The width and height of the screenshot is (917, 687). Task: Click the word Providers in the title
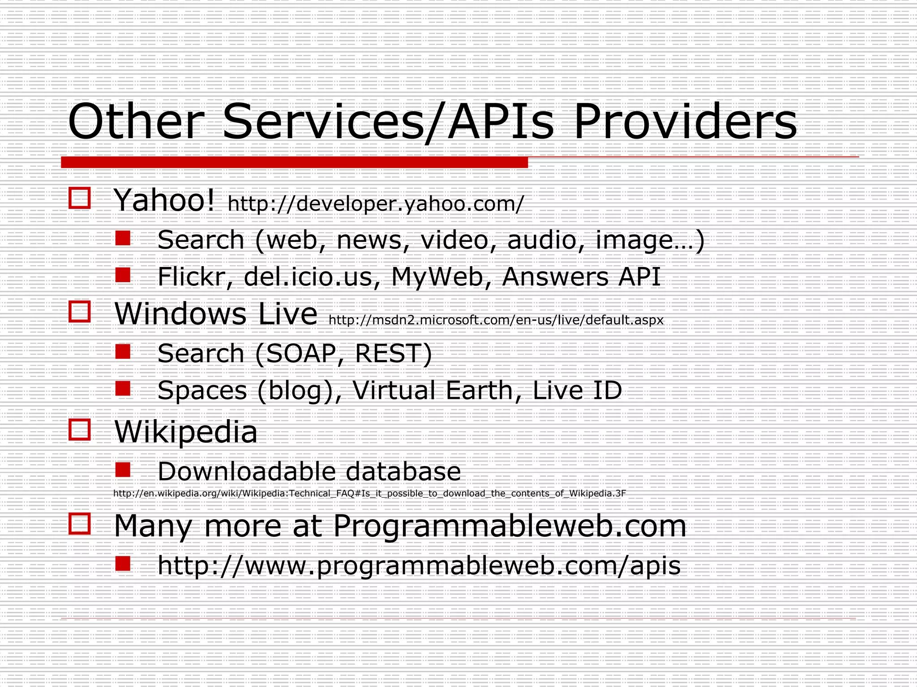tap(685, 122)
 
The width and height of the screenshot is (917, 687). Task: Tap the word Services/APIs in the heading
tap(388, 122)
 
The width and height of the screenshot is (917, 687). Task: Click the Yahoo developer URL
tap(375, 204)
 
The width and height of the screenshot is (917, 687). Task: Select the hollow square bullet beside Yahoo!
tap(80, 198)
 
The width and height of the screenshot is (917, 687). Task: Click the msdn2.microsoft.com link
tap(496, 320)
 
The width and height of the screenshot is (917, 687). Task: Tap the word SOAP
tap(300, 353)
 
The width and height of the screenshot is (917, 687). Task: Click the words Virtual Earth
tap(433, 390)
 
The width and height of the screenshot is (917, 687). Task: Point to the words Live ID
tap(577, 390)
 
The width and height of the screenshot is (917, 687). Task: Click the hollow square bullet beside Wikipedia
tap(80, 430)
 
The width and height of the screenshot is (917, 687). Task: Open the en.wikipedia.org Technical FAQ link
tap(369, 493)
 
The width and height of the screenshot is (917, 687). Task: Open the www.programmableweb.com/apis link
tap(419, 565)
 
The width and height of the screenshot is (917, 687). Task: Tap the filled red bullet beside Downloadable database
tap(123, 470)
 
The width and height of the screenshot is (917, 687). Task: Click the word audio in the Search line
tap(542, 240)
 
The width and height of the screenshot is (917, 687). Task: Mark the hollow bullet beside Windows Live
tap(80, 311)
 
